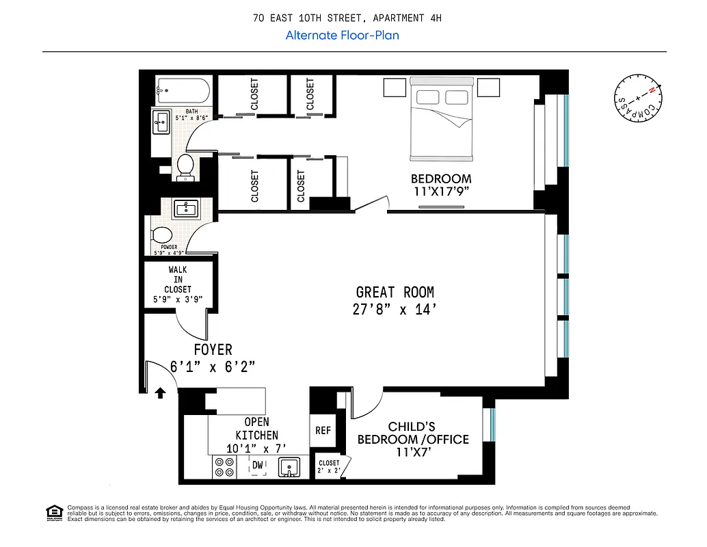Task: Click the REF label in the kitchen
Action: coord(323,431)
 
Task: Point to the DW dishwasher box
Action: coord(258,466)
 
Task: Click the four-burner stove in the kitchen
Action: coord(224,467)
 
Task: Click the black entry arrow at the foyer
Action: coord(161,392)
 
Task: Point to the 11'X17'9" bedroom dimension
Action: coord(441,192)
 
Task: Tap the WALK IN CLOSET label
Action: coord(178,280)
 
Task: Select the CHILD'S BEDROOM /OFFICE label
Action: coord(413,433)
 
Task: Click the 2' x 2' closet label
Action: coord(329,467)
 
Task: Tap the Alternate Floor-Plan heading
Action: coord(342,35)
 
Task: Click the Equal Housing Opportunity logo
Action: coord(53,511)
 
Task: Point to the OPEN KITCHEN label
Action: coord(257,429)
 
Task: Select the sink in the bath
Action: coord(161,124)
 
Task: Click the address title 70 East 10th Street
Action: coord(347,18)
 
